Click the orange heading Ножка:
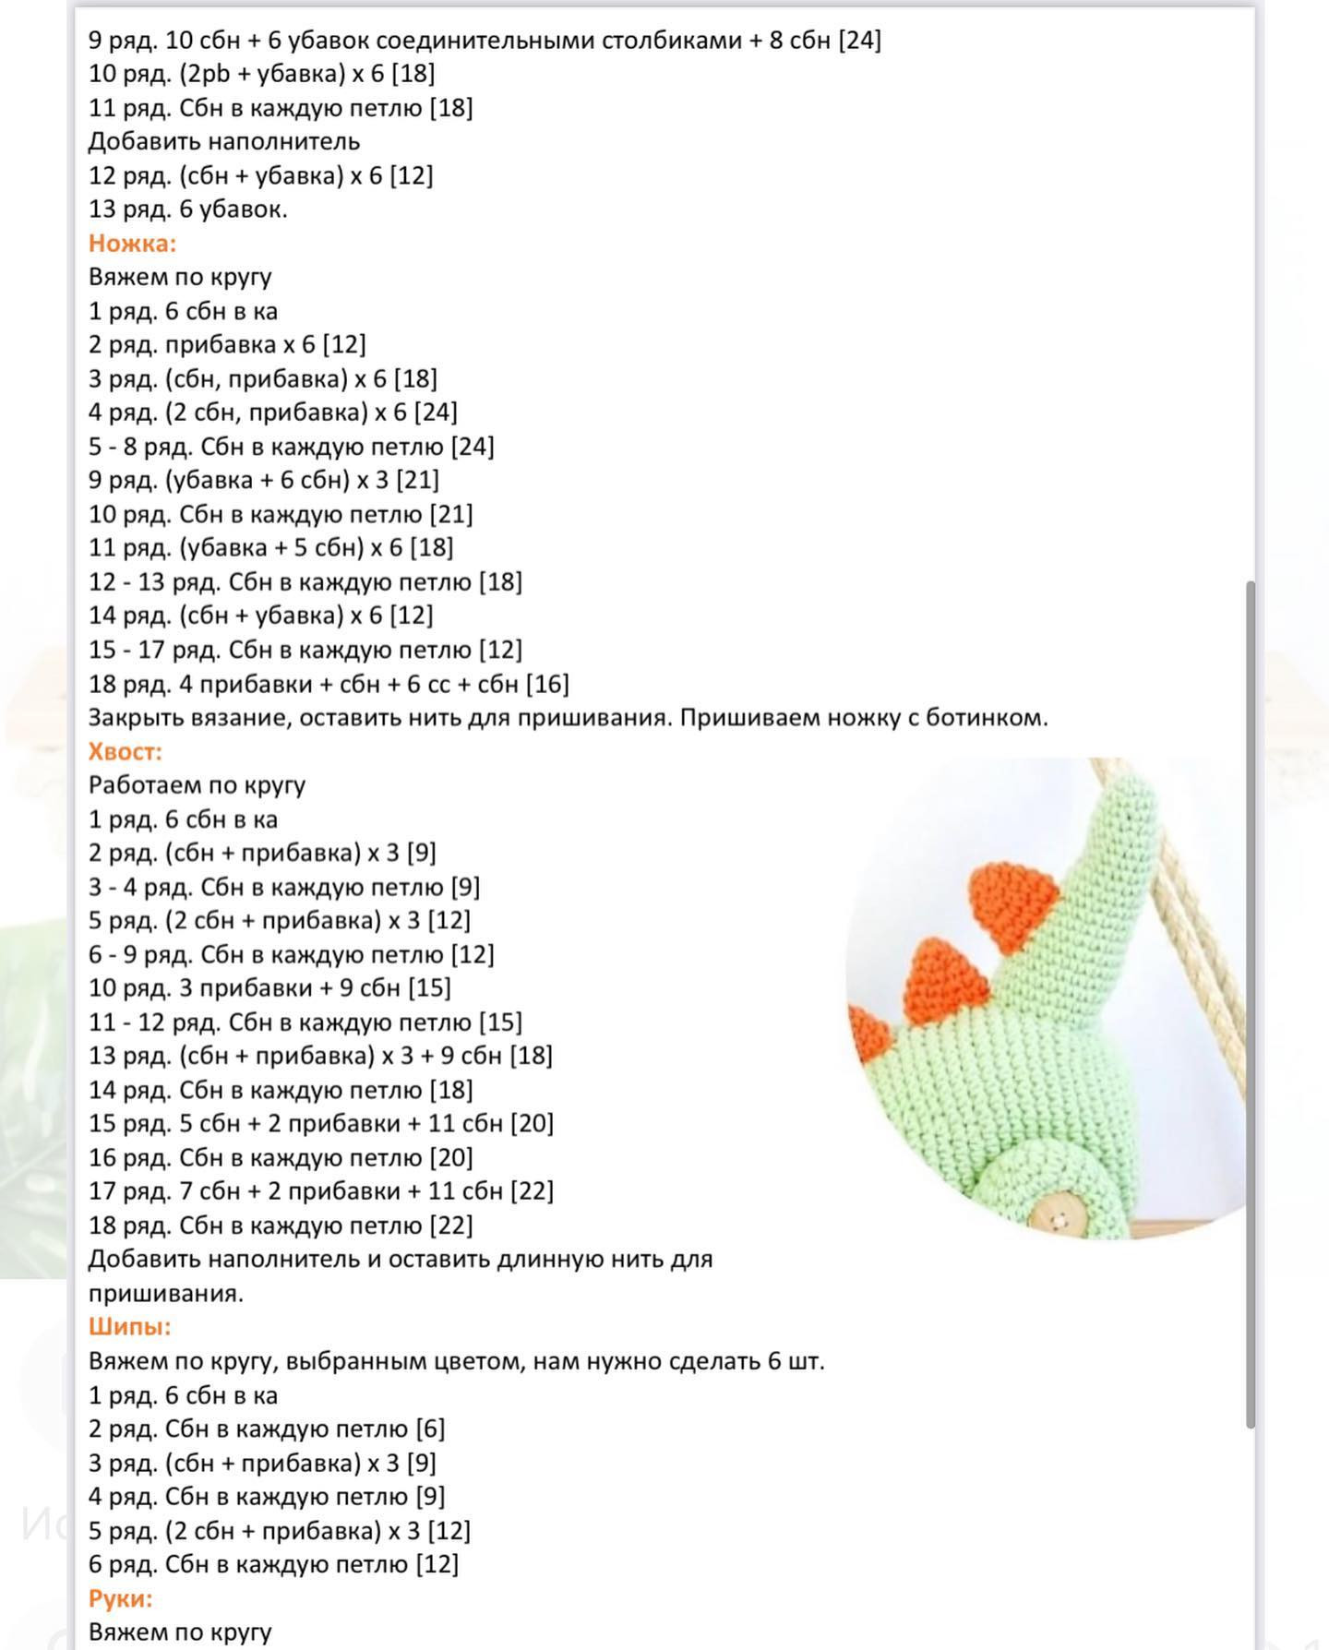click(x=132, y=244)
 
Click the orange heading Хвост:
click(x=126, y=752)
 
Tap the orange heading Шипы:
click(x=130, y=1327)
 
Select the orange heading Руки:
click(x=121, y=1598)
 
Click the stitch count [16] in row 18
click(x=547, y=684)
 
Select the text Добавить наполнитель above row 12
click(x=224, y=141)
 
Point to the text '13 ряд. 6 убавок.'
click(x=188, y=209)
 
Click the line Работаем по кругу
click(x=197, y=785)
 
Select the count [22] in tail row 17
click(x=531, y=1191)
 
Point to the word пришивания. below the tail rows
click(x=166, y=1294)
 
